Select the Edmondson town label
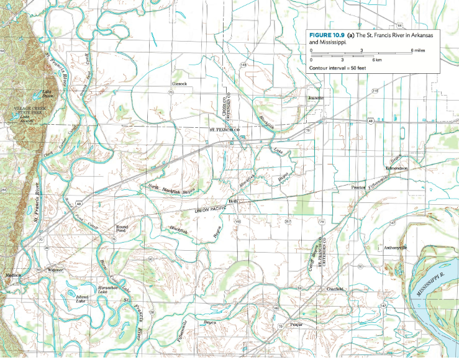(x=396, y=168)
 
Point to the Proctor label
(x=358, y=186)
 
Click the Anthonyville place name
(x=395, y=248)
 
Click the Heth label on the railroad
(x=234, y=201)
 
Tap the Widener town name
(x=55, y=270)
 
